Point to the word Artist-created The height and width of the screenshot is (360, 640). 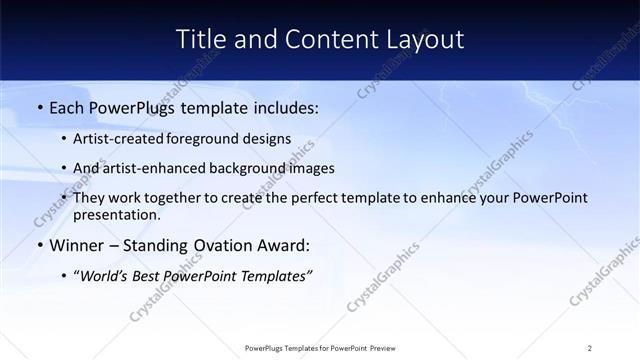(x=118, y=140)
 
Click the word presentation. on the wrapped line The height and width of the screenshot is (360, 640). (x=116, y=214)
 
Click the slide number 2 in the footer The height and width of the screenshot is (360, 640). (x=590, y=348)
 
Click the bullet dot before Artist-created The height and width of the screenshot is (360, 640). (x=64, y=140)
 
